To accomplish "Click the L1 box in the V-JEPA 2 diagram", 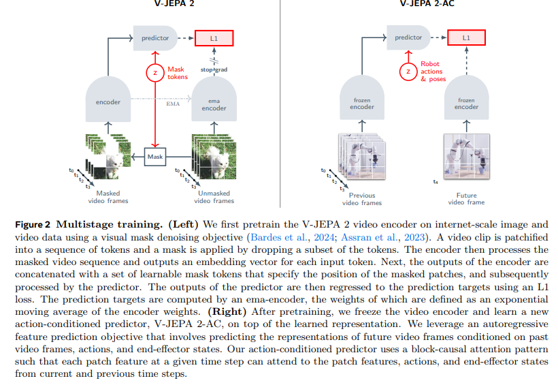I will (x=214, y=37).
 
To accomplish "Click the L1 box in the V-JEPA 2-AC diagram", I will (x=466, y=37).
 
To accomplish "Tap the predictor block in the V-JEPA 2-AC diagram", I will (x=408, y=38).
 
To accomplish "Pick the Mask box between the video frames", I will (x=156, y=157).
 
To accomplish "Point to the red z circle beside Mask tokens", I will (x=156, y=72).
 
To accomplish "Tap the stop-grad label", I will (x=213, y=70).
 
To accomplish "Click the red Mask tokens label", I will (x=178, y=73).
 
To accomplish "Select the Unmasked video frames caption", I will (x=214, y=196).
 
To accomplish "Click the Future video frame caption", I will (x=467, y=198).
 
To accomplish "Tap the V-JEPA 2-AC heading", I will (x=427, y=3).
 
